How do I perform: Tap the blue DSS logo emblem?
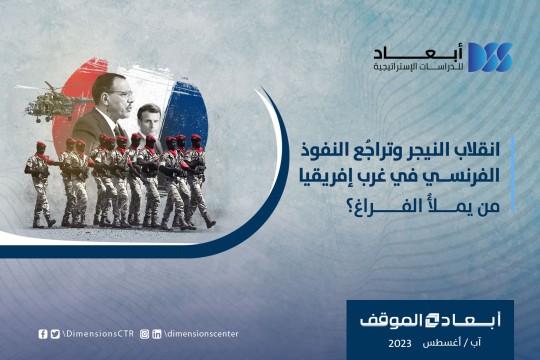coord(489,57)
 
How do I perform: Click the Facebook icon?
coord(43,334)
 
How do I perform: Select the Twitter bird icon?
coord(55,334)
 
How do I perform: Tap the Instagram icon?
coord(145,334)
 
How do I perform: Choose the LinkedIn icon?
coord(157,334)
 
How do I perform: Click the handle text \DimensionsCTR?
coord(98,333)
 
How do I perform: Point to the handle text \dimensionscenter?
coord(201,333)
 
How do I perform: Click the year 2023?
coord(400,343)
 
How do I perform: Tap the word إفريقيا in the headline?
coord(321,176)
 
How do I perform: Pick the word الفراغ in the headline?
coord(378,206)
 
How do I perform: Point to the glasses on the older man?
coord(123,93)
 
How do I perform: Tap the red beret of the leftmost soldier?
coord(41,144)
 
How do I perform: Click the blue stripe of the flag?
coord(186,110)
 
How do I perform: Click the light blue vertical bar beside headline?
coord(513,173)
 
